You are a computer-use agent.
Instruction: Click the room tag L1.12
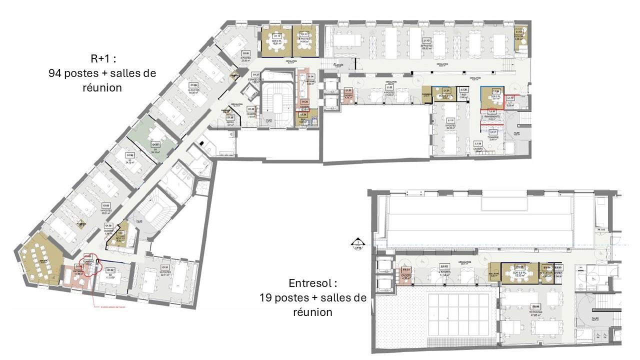coord(427,40)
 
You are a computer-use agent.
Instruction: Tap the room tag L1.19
coord(450,120)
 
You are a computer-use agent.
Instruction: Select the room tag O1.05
coord(106,205)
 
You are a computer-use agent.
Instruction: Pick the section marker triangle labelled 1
coord(358,244)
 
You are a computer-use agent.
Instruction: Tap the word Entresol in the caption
coord(309,283)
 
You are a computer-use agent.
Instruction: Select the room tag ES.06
coord(535,306)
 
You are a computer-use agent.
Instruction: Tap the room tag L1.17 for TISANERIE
coord(493,132)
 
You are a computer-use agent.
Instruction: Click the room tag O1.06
coord(130,155)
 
